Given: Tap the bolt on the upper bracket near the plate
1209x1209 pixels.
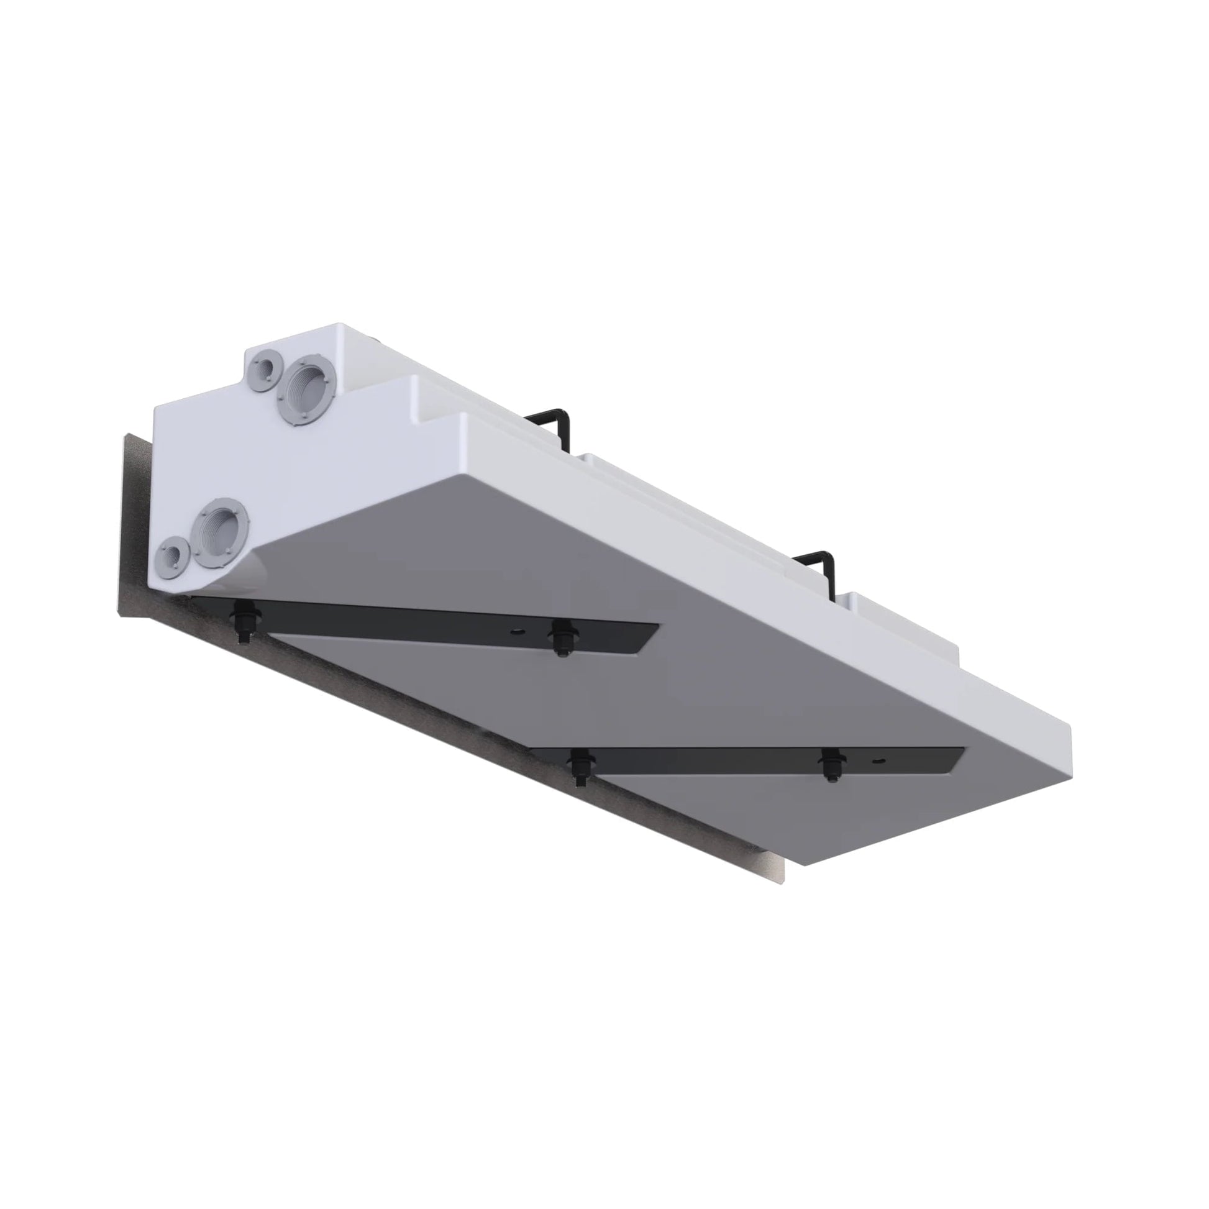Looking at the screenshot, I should (243, 619).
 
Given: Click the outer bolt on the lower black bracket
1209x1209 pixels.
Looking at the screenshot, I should (830, 765).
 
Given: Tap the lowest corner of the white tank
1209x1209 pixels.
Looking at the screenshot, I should (804, 865).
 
